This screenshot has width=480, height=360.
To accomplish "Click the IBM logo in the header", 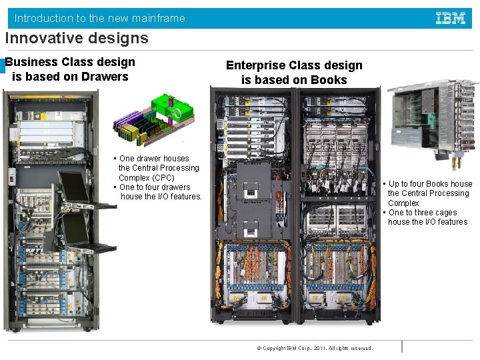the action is (451, 19).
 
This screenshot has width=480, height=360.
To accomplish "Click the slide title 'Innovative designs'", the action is (77, 38).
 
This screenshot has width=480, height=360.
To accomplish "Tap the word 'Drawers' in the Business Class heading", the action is (105, 77).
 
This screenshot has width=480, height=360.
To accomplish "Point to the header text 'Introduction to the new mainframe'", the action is (100, 19).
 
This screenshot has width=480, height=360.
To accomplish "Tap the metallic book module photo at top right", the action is (433, 120).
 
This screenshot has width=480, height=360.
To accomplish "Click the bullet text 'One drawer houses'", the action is (154, 159).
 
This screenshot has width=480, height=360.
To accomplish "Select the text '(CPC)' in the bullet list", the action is (163, 178).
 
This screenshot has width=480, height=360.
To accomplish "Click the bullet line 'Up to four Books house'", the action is (430, 184).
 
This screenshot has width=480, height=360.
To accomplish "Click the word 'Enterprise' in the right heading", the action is (255, 65).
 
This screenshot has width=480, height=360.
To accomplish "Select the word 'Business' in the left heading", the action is (32, 62).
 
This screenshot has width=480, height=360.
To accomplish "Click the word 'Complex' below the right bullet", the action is (403, 203).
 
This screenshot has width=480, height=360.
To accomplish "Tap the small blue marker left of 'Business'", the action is (3, 65).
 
